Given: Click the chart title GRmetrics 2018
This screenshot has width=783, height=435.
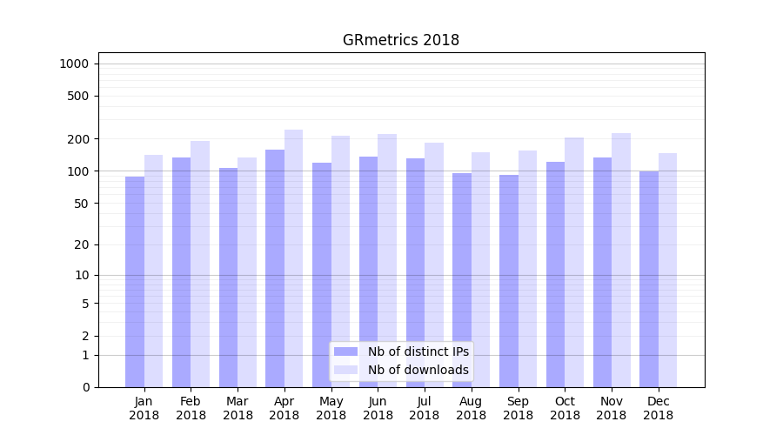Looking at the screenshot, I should pos(400,40).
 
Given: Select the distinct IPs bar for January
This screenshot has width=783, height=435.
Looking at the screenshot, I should pos(135,282).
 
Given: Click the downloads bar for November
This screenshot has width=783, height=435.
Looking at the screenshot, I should pos(621,260).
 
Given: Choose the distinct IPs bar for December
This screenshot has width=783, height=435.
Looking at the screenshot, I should pos(649,279).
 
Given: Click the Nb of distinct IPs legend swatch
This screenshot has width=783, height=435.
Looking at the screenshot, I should pos(345,351).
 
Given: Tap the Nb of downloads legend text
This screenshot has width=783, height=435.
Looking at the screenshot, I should pos(418,370).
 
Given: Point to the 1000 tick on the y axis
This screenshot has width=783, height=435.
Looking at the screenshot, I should pos(74,64).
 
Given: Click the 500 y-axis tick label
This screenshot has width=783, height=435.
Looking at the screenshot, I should pos(78,96).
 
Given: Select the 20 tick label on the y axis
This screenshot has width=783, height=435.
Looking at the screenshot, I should pos(82,244).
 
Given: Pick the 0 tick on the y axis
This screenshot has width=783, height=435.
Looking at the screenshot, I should pos(85,387).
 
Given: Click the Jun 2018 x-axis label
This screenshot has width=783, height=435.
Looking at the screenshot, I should pos(378,408).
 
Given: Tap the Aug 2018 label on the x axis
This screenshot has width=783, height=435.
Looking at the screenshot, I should pos(472,408).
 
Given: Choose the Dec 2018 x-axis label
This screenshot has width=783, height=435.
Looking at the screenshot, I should pos(659,408).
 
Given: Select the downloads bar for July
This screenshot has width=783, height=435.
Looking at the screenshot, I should pos(434,264).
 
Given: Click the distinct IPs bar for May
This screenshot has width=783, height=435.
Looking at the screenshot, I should pos(322,275).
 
